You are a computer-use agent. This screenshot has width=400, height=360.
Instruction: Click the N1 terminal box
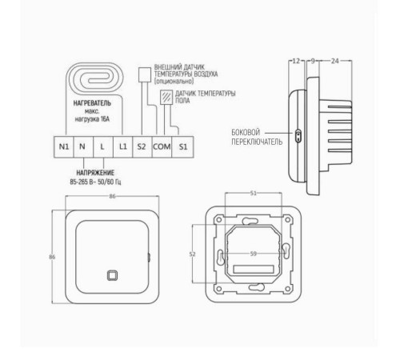pyautogui.click(x=63, y=147)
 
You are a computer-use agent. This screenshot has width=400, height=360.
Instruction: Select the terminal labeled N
pyautogui.click(x=83, y=147)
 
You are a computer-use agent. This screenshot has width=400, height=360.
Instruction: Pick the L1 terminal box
pyautogui.click(x=122, y=147)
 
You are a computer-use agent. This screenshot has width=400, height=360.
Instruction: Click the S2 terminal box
pyautogui.click(x=142, y=147)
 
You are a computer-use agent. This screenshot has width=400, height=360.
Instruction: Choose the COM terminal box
pyautogui.click(x=163, y=147)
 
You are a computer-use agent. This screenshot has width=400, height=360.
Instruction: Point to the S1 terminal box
pyautogui.click(x=184, y=147)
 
